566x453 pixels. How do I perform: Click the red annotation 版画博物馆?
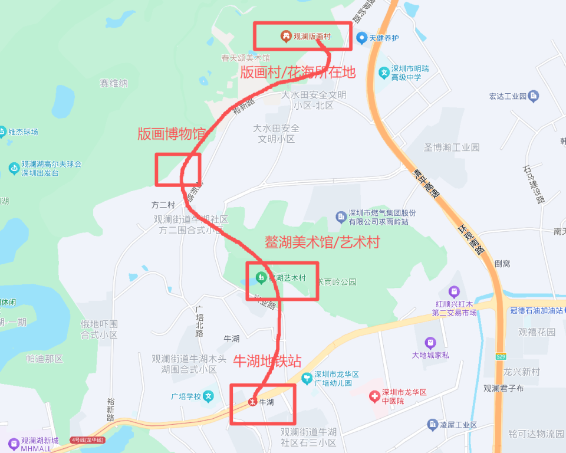coord(172,134)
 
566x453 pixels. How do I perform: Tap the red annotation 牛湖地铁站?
coord(268,361)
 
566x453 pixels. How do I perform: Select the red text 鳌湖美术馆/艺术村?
coord(322,242)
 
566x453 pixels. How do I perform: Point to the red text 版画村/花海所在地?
coord(298,73)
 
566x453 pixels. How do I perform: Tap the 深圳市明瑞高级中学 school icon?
coord(384,73)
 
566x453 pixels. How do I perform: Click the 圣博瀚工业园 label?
coord(452,147)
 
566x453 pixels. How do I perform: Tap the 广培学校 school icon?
coord(208,396)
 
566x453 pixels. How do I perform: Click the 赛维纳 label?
coord(114,84)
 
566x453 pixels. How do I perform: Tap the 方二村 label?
coord(163,205)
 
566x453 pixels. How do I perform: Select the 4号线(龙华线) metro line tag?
coord(87,440)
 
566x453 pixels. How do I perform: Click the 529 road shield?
coord(501,356)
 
